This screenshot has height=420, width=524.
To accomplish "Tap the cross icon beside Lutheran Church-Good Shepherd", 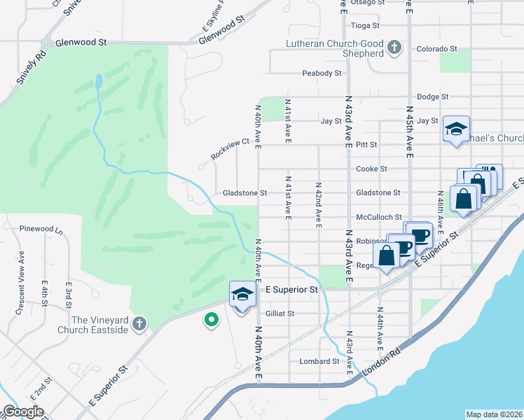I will point(394,48).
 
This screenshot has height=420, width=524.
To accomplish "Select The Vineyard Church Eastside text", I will point(99,325).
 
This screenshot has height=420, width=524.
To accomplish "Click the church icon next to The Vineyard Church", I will point(139,323).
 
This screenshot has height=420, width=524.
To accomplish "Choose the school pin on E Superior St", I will point(242,295).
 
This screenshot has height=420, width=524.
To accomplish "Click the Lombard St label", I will point(319,361).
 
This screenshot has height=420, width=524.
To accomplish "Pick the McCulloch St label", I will point(378,217).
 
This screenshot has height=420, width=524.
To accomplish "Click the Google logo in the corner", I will point(23,411).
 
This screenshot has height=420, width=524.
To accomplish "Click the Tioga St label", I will point(364,25).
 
